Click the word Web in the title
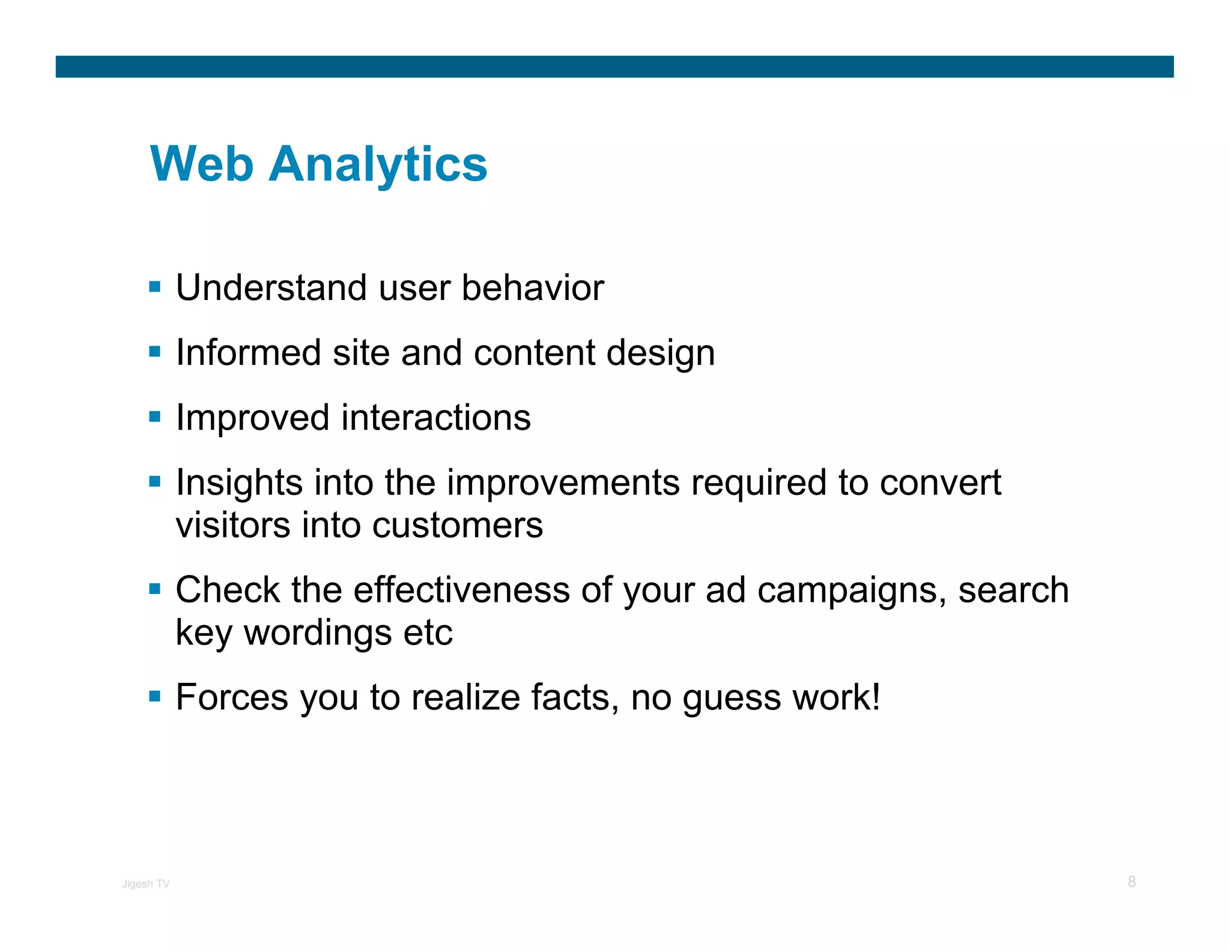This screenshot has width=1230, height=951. click(x=201, y=164)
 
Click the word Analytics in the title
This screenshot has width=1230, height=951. click(x=378, y=165)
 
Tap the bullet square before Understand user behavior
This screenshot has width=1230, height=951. click(x=155, y=287)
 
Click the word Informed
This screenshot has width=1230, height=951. click(x=248, y=352)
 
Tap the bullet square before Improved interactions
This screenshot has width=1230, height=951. click(x=155, y=417)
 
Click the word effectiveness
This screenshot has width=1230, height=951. click(x=461, y=590)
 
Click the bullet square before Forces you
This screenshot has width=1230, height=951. click(x=155, y=697)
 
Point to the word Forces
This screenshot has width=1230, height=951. click(x=232, y=697)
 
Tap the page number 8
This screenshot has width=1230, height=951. click(x=1132, y=882)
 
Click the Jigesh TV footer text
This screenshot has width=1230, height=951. click(x=146, y=884)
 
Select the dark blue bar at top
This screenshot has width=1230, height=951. click(x=614, y=67)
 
